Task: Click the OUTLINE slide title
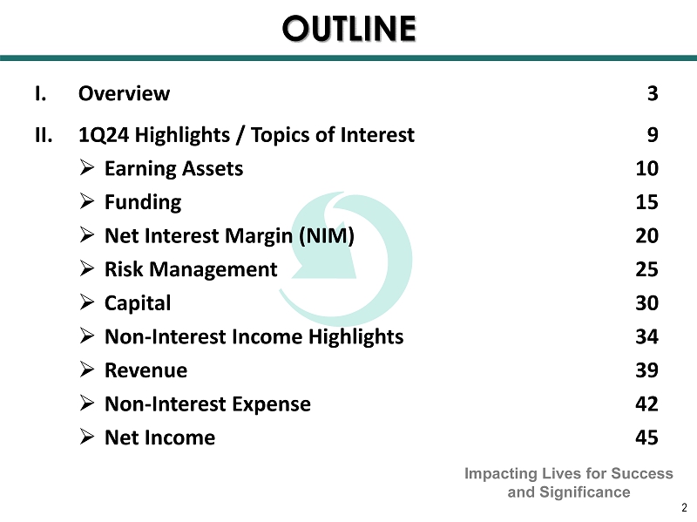[x=349, y=29]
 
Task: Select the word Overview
[x=124, y=93]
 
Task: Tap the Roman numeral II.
[x=44, y=135]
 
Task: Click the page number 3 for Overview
[x=652, y=93]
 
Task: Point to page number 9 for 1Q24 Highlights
[x=652, y=135]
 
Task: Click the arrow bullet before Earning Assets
[x=87, y=168]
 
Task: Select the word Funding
[x=143, y=203]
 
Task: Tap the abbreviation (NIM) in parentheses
[x=327, y=236]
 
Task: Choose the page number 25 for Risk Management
[x=646, y=269]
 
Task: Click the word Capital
[x=138, y=303]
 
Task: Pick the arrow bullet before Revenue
[x=87, y=369]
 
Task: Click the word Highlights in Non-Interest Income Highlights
[x=355, y=337]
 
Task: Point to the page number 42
[x=646, y=403]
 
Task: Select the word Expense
[x=271, y=404]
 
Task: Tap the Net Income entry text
[x=159, y=437]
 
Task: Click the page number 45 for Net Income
[x=646, y=437]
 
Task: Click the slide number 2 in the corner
[x=684, y=507]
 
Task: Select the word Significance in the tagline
[x=585, y=492]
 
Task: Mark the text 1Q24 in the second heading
[x=104, y=135]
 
